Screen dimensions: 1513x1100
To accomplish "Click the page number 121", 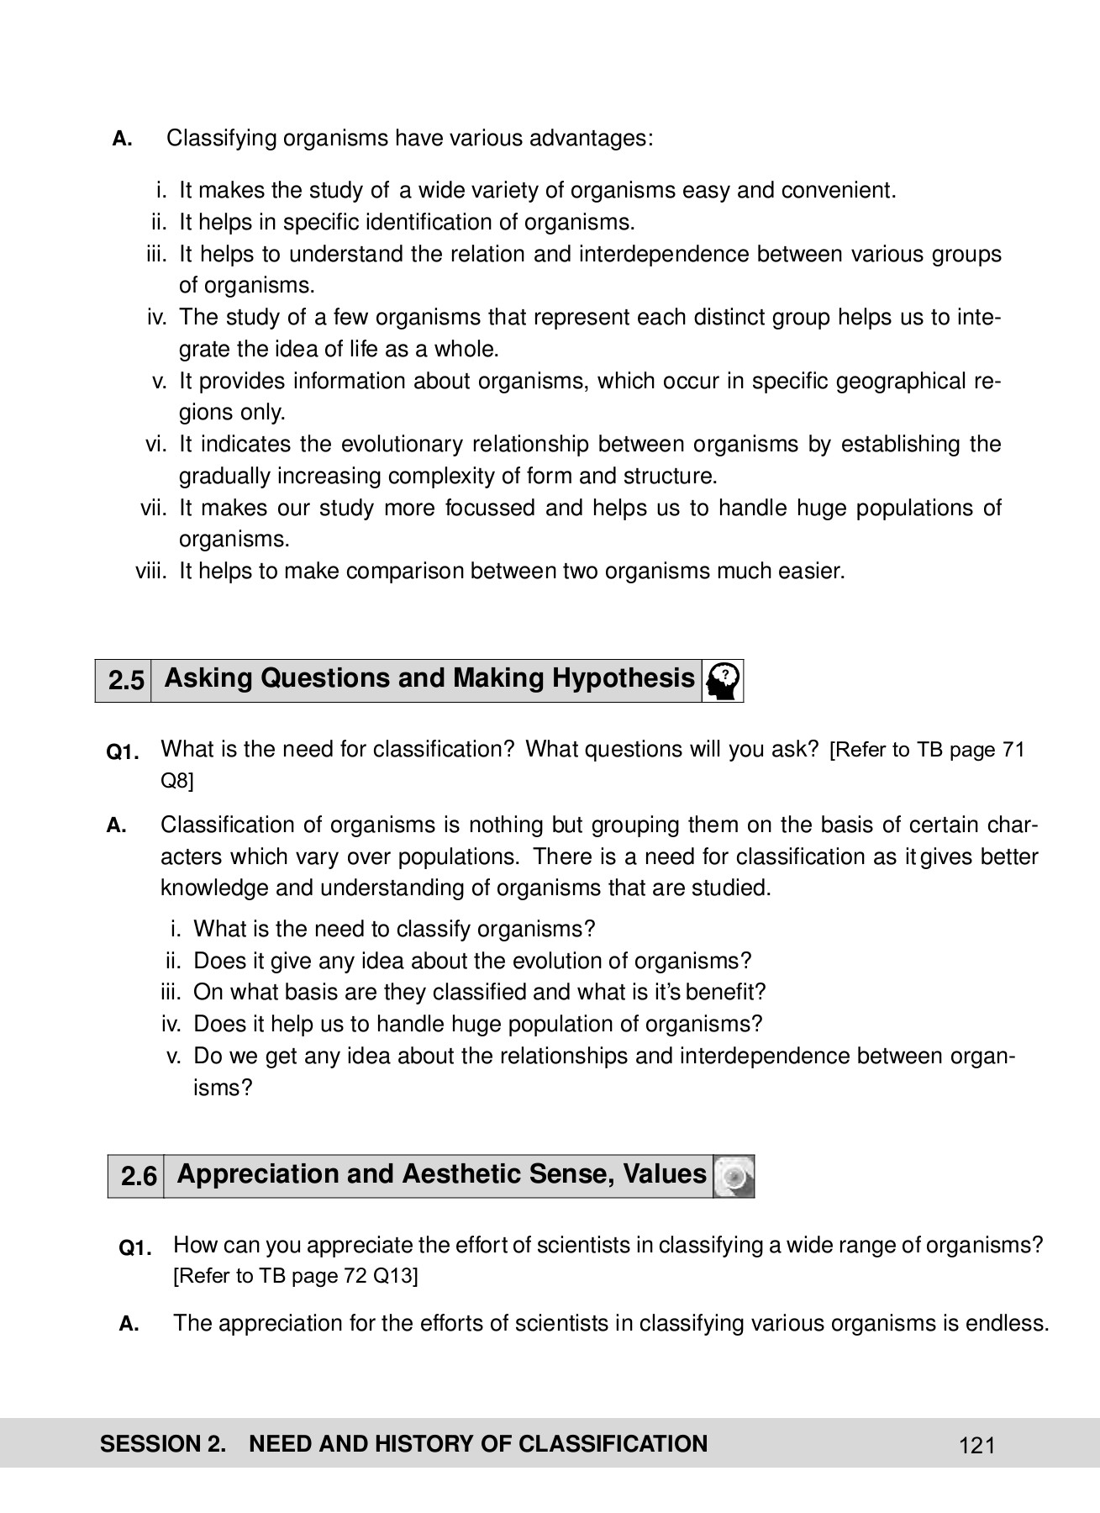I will point(976,1446).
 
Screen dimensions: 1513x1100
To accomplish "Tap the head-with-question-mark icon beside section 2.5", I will point(724,681).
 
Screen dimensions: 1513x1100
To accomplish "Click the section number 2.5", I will point(125,680).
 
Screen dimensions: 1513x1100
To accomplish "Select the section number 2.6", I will point(139,1176).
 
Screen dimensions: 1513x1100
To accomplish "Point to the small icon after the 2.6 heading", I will point(734,1176).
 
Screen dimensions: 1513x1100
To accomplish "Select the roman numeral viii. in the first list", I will point(152,572).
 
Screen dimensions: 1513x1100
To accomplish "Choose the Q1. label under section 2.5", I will point(123,751).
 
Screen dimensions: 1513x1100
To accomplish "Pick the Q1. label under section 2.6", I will point(135,1248).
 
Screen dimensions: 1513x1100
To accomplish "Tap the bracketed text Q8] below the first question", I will point(176,781).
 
